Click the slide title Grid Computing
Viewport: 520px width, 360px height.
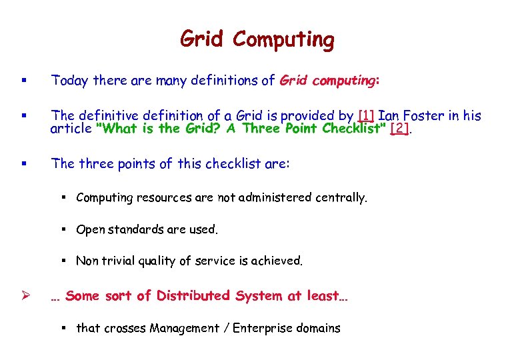tap(257, 40)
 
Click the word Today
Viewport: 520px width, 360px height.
tap(71, 81)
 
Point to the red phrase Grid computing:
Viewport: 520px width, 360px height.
tap(329, 81)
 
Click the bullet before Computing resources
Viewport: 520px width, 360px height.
tap(67, 197)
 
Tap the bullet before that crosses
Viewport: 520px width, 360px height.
tap(67, 328)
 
